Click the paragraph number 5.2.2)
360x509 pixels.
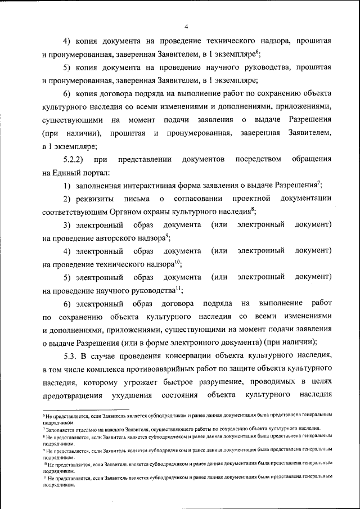[x=75, y=160]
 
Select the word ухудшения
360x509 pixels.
[x=152, y=396]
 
